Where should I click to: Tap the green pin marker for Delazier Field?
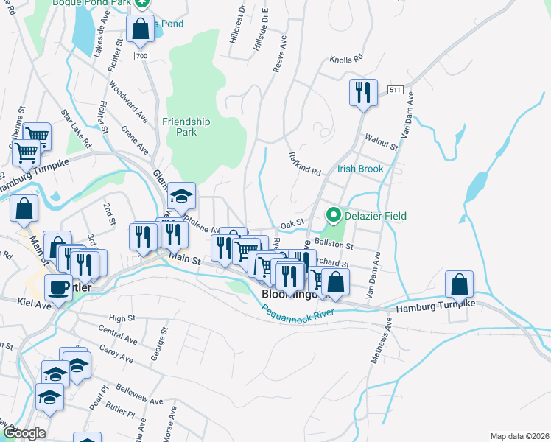click(x=333, y=216)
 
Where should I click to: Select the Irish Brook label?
click(x=360, y=169)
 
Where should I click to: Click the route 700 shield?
click(x=143, y=55)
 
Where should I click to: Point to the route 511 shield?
click(x=395, y=90)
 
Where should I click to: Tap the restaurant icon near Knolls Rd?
click(x=362, y=92)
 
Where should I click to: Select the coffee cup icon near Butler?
click(x=59, y=287)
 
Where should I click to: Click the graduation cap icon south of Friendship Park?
click(x=180, y=196)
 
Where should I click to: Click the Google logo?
click(x=24, y=433)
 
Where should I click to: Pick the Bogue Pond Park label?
click(x=91, y=4)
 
